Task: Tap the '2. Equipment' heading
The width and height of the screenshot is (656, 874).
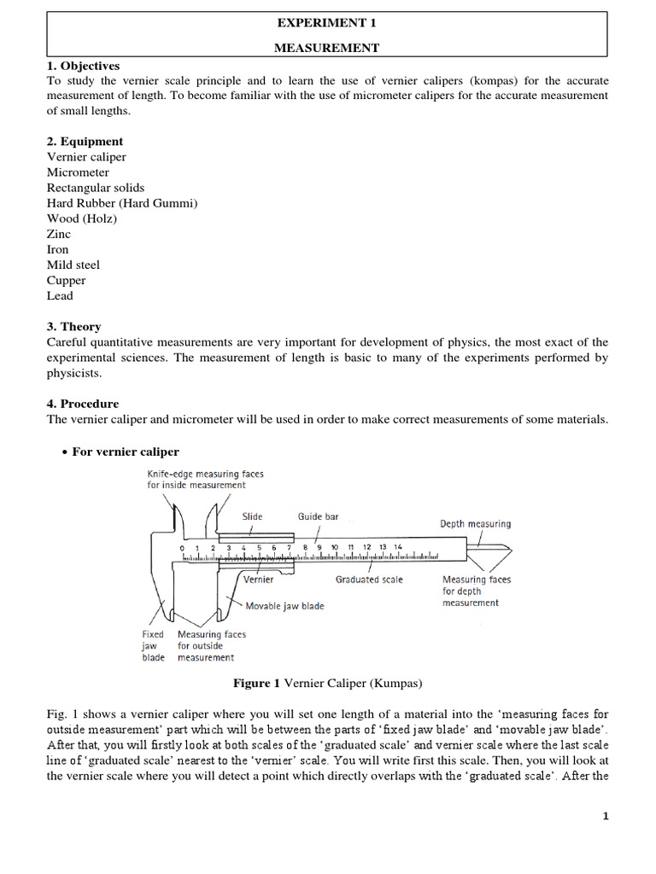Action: (x=85, y=142)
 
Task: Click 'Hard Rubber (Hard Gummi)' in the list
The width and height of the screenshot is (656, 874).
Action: (x=122, y=203)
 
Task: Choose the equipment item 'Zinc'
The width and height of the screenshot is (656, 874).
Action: (x=59, y=234)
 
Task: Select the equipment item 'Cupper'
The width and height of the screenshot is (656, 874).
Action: (x=67, y=280)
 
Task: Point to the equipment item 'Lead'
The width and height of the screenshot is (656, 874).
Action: (x=61, y=295)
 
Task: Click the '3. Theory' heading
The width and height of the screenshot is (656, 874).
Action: (x=74, y=327)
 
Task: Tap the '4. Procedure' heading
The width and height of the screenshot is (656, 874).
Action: (x=83, y=404)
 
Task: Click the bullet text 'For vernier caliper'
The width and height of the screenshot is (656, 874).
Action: (x=126, y=452)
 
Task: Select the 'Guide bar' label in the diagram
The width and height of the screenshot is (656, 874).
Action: (x=318, y=516)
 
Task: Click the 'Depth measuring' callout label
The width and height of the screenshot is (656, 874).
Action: (x=475, y=524)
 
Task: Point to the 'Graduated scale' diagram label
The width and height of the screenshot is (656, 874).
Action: (x=369, y=580)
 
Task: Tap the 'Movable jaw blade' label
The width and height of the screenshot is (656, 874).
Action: (x=284, y=606)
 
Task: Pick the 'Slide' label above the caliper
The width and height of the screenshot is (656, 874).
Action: (x=252, y=516)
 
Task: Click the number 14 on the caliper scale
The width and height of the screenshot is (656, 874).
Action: (x=397, y=547)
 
